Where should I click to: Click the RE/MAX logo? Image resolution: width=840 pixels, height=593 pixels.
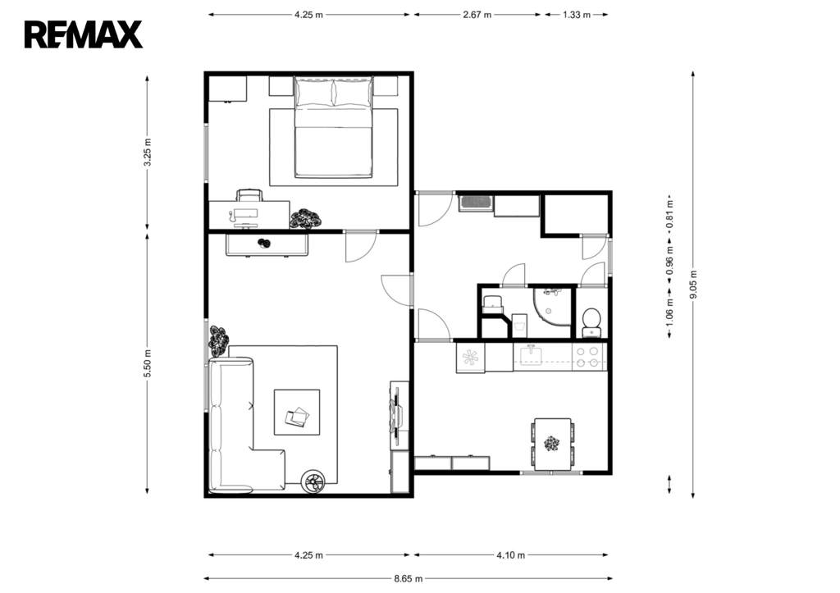[83, 34]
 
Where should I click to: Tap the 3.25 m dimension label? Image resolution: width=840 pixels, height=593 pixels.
[148, 152]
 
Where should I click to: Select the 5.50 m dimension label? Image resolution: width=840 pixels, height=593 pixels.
[148, 363]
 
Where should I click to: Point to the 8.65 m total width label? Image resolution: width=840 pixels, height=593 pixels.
[409, 578]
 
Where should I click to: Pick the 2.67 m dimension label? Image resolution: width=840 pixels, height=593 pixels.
[477, 15]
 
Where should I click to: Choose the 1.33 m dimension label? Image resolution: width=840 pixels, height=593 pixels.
[577, 15]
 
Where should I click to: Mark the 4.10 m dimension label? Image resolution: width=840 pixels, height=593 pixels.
[510, 555]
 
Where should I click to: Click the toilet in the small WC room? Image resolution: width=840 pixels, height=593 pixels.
[591, 321]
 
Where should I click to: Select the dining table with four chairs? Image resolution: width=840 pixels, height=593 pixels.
[553, 444]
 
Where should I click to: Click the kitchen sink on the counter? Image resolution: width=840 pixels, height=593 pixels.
[531, 356]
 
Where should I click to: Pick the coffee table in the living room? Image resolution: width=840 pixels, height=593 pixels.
[297, 413]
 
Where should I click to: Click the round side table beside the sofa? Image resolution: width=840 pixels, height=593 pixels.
[313, 481]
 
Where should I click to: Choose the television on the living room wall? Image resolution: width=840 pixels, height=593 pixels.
[397, 415]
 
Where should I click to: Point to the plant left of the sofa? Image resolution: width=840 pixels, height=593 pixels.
[218, 341]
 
